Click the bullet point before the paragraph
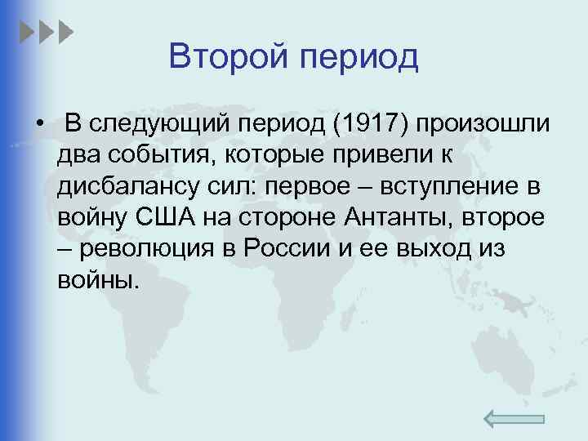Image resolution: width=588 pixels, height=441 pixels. point(38,125)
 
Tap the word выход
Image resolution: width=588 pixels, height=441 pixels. point(430,249)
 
